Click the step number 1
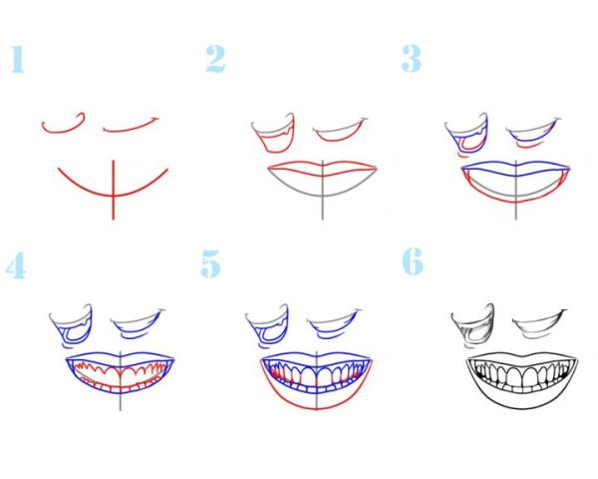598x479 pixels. pos(17,59)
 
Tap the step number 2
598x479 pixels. pos(215,59)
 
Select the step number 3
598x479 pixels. pos(411,58)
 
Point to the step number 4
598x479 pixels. pos(16,265)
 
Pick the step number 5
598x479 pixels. pos(210,263)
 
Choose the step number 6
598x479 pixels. pos(413,261)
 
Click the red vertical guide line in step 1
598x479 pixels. pos(113,190)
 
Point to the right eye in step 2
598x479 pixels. pos(339,132)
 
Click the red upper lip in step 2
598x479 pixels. pos(323,169)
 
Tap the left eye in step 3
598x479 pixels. pos(466,135)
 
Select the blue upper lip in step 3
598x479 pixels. pos(515,168)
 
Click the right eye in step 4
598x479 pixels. pos(139,325)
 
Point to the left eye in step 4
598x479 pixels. pos(72,326)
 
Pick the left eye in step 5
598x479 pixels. pos(267,326)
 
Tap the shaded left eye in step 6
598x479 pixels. pos(472,326)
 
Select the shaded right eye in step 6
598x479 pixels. pos(540,324)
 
